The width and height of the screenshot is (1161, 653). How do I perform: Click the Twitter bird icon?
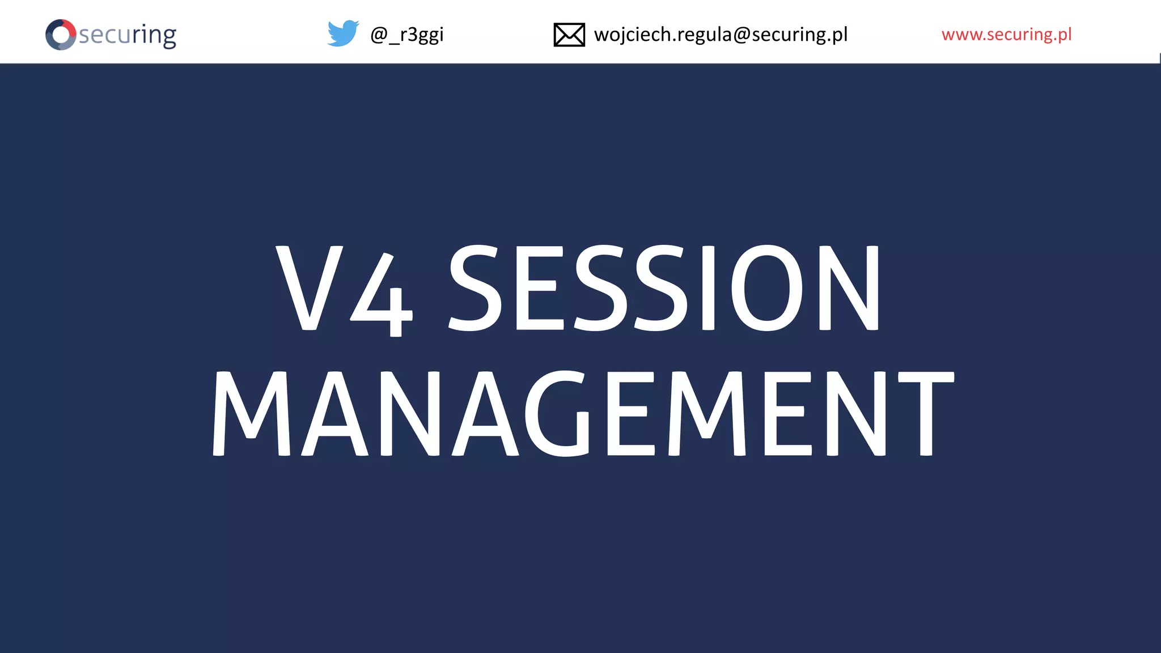coord(343,33)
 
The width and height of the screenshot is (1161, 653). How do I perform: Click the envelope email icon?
coord(569,35)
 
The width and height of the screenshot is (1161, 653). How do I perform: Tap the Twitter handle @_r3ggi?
coord(406,35)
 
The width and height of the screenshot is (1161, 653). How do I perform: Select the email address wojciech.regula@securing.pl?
coord(721,35)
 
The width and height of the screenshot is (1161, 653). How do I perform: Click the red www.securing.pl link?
coord(1006,35)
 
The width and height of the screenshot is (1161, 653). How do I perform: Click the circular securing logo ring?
coord(61,35)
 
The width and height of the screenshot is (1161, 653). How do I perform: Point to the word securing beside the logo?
coord(128,35)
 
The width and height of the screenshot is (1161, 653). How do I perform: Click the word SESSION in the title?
coord(664,288)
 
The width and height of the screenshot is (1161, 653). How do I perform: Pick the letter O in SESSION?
coord(767,288)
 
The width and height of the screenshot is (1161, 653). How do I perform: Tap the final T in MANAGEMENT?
coord(926,413)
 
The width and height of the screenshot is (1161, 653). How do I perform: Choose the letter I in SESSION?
coord(708,288)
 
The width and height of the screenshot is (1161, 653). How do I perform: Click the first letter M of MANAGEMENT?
coord(251,413)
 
